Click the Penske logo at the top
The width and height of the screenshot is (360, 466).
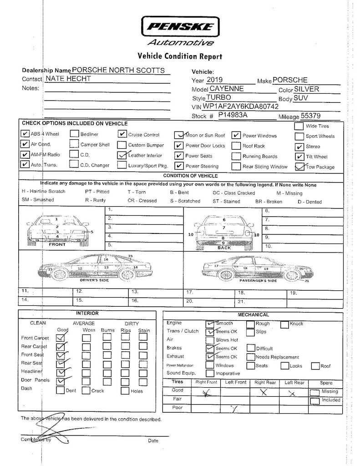[x=180, y=30]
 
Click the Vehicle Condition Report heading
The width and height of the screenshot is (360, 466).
[x=180, y=56]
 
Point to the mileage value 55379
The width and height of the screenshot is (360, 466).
[x=308, y=116]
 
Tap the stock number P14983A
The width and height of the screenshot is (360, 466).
[x=232, y=116]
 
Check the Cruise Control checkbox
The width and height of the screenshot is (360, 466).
[x=122, y=135]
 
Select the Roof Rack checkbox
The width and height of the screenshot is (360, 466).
[x=236, y=146]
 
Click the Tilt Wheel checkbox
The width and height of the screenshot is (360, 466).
[x=299, y=157]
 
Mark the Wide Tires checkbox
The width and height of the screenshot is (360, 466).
[x=299, y=126]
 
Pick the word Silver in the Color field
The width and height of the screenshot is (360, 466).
[x=306, y=89]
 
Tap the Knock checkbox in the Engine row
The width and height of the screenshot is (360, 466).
[x=284, y=324]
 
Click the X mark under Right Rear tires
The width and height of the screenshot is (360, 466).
[x=263, y=392]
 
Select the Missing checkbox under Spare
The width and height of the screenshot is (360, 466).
[x=314, y=392]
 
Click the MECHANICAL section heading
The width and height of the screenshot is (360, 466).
[x=253, y=315]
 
